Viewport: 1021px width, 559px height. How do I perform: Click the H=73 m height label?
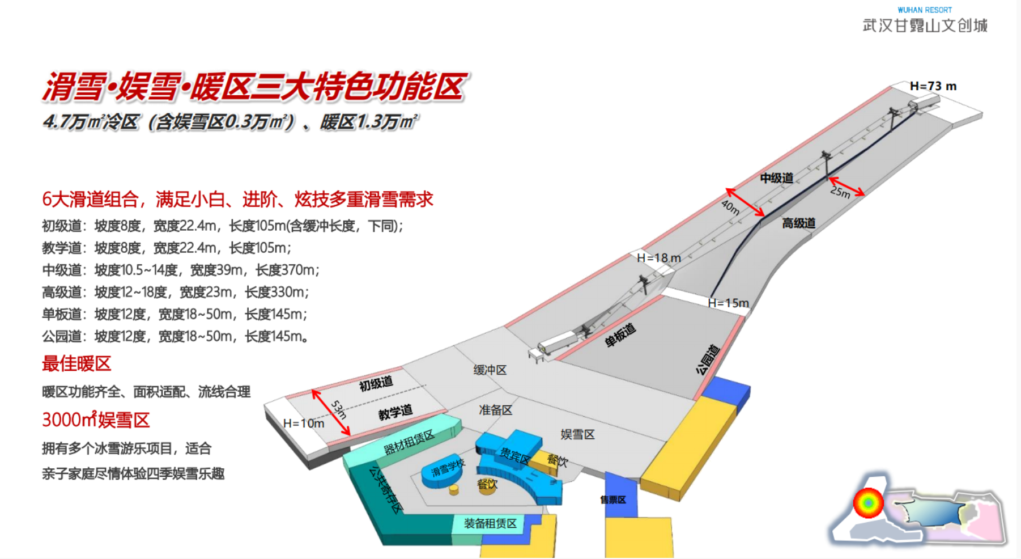pyautogui.click(x=933, y=86)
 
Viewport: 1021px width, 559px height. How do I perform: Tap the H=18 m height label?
pyautogui.click(x=658, y=258)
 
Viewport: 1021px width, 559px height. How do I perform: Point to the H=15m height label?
pyautogui.click(x=728, y=303)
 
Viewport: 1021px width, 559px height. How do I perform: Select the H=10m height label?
pyautogui.click(x=304, y=424)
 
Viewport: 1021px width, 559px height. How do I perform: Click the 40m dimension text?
pyautogui.click(x=730, y=207)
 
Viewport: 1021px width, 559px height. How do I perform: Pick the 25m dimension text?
pyautogui.click(x=840, y=192)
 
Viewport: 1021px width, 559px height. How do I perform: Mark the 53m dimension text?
pyautogui.click(x=338, y=409)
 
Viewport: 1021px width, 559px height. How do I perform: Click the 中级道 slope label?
pyautogui.click(x=776, y=178)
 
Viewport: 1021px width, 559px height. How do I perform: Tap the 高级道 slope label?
pyautogui.click(x=798, y=223)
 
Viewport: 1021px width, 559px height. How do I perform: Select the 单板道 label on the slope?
pyautogui.click(x=620, y=335)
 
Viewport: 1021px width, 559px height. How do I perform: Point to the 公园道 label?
pyautogui.click(x=708, y=359)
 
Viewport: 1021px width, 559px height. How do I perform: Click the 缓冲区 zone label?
pyautogui.click(x=490, y=370)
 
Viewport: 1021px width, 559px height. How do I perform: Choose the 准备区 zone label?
pyautogui.click(x=495, y=410)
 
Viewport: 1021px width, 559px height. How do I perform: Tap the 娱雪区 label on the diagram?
pyautogui.click(x=577, y=434)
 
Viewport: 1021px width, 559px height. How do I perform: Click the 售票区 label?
pyautogui.click(x=613, y=499)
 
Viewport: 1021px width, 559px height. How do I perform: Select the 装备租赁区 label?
pyautogui.click(x=490, y=523)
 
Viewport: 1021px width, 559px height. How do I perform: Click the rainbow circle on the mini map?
pyautogui.click(x=868, y=502)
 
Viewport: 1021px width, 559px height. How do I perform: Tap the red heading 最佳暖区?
pyautogui.click(x=76, y=363)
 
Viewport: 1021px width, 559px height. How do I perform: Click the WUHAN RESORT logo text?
pyautogui.click(x=925, y=10)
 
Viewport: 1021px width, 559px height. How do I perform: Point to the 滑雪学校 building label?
pyautogui.click(x=448, y=468)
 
